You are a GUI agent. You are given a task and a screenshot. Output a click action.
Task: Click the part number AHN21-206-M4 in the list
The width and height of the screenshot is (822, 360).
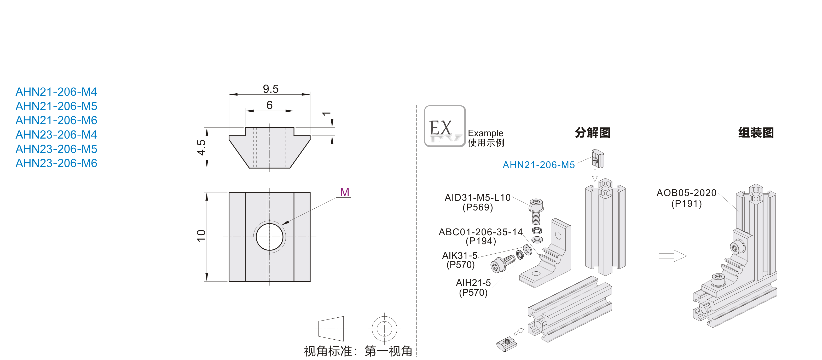[56, 92]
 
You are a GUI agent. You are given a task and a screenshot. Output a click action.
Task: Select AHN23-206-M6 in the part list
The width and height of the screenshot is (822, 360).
[56, 163]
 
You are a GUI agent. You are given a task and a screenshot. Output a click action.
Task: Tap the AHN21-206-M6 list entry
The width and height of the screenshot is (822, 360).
[56, 120]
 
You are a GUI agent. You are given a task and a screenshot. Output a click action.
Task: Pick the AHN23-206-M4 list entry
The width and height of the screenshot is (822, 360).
[56, 135]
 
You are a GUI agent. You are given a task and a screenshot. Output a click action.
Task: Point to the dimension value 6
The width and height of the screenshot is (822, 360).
[269, 105]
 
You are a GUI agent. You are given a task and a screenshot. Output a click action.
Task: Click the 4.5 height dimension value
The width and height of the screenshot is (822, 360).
[201, 147]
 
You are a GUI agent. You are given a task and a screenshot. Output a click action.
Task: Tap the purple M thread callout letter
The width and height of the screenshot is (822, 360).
[345, 192]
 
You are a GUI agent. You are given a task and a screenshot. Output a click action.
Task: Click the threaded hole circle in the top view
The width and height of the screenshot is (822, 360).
[269, 237]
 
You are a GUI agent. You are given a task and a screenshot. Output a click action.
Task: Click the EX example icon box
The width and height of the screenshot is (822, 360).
[444, 126]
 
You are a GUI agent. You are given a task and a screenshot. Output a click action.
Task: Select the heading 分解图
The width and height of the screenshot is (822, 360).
[593, 133]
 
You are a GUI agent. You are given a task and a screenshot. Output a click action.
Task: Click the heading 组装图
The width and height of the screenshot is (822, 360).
[756, 133]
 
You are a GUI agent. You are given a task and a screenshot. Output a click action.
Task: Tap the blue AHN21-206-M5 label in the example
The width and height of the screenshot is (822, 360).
[539, 165]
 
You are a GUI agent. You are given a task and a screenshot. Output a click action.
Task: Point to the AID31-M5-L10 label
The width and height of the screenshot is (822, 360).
[478, 198]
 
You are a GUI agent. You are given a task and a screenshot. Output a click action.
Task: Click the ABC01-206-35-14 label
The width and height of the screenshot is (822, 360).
[481, 232]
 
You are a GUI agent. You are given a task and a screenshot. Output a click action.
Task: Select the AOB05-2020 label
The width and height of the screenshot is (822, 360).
[686, 193]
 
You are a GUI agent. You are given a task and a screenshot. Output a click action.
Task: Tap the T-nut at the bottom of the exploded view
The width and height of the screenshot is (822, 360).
[506, 344]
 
